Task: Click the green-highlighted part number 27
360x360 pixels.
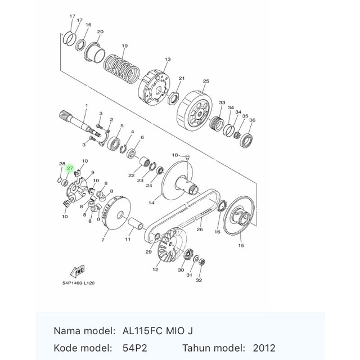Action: (70, 168)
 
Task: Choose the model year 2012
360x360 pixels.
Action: (264, 348)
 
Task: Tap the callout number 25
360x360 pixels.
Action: (205, 82)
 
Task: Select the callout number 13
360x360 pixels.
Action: (168, 59)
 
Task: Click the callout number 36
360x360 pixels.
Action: (253, 120)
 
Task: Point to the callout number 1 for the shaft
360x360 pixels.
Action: (87, 106)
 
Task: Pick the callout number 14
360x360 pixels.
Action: (151, 202)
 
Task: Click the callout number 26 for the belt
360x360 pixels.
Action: (199, 229)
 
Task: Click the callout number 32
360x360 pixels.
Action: (199, 280)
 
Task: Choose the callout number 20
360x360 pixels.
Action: (100, 31)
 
